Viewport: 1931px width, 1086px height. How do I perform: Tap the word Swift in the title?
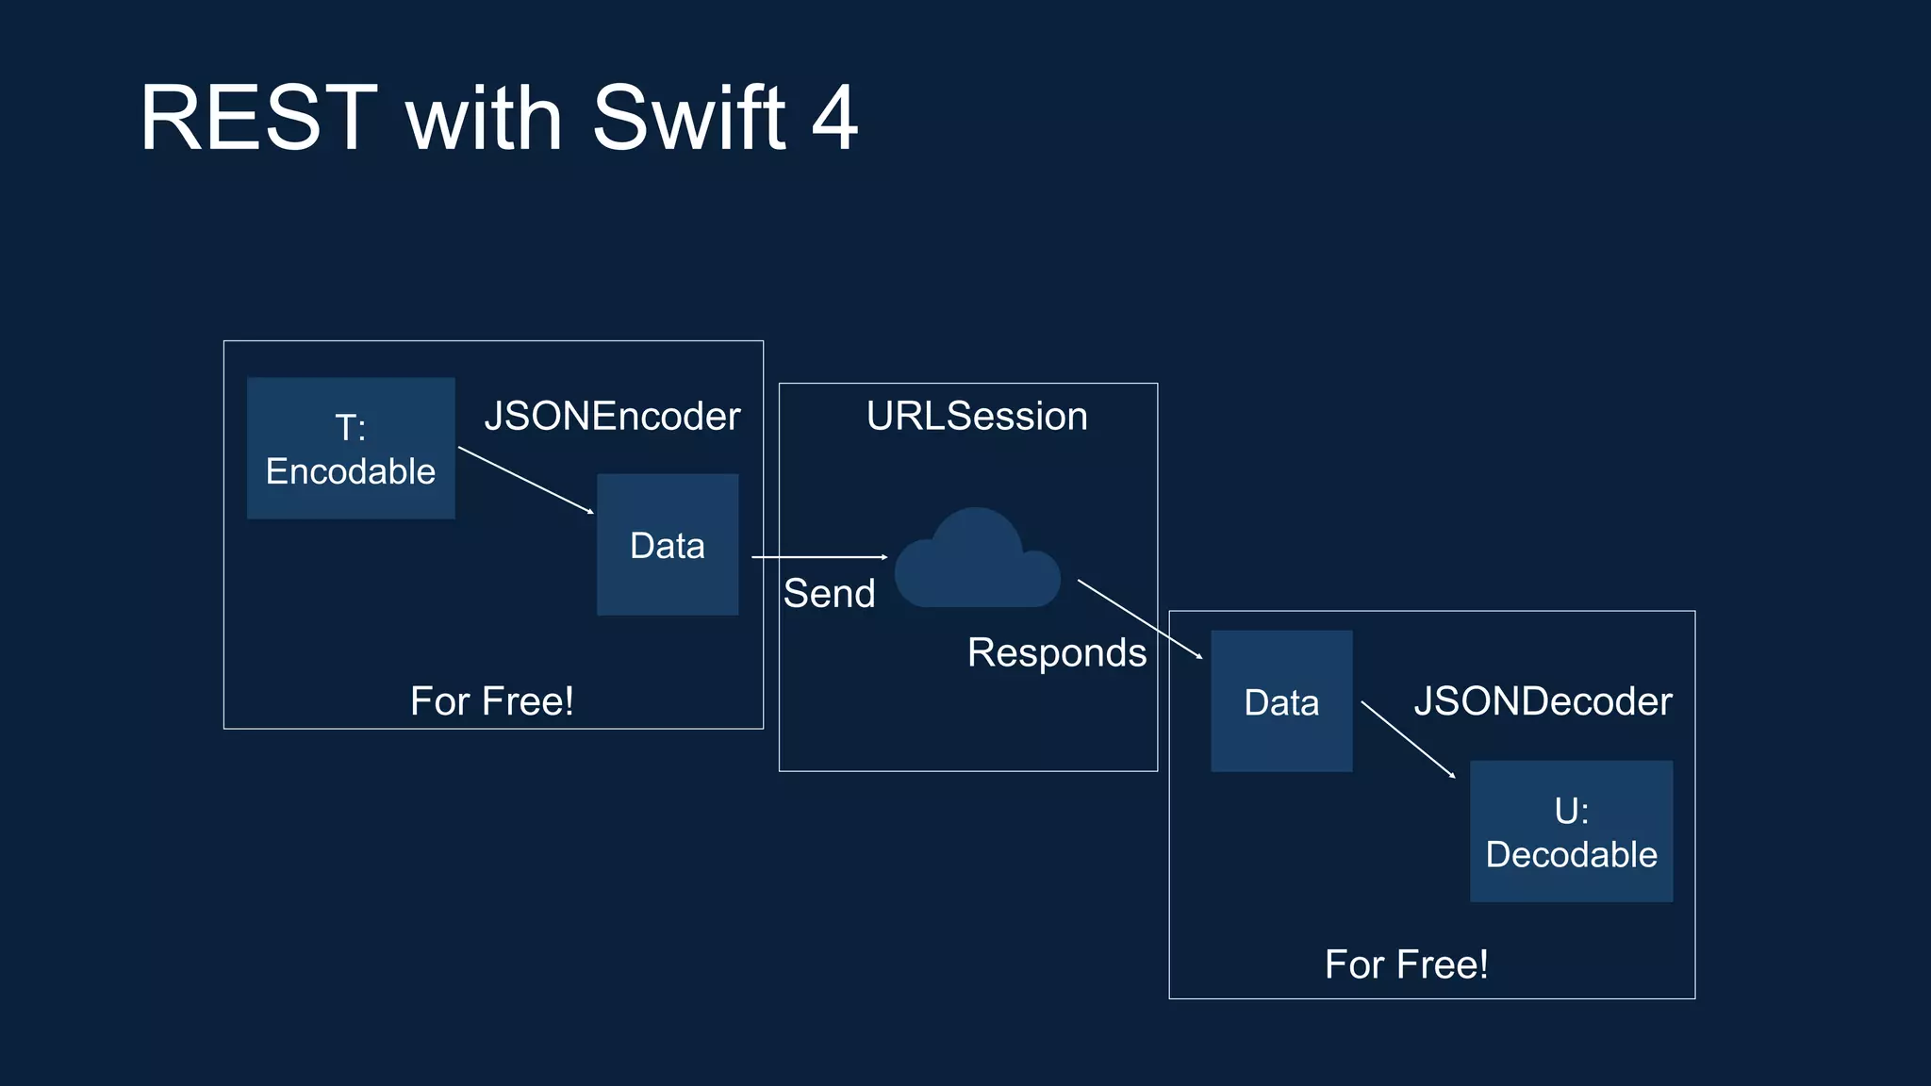click(688, 119)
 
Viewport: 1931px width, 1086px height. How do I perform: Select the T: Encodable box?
click(351, 449)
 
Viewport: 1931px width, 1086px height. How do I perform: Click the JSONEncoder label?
click(612, 417)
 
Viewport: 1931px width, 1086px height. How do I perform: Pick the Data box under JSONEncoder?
click(668, 545)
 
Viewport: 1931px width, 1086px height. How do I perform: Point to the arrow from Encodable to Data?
click(525, 480)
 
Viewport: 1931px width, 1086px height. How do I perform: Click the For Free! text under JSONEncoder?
click(492, 701)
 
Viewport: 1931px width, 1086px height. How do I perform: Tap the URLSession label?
click(977, 417)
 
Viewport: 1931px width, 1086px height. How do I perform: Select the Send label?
click(830, 594)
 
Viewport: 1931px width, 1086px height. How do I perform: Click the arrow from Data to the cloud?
click(818, 557)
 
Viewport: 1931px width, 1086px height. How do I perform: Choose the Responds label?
click(1057, 653)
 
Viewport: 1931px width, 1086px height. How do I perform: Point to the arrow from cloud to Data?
click(1139, 618)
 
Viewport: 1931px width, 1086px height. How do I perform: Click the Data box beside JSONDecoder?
click(1281, 701)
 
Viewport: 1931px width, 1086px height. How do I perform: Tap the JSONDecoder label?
click(1543, 701)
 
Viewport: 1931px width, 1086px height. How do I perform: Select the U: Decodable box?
click(1571, 831)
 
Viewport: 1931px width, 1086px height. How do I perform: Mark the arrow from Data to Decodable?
click(1408, 739)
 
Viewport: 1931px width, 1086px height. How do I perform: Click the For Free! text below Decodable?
click(1407, 964)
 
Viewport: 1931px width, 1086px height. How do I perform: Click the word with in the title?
click(484, 119)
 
